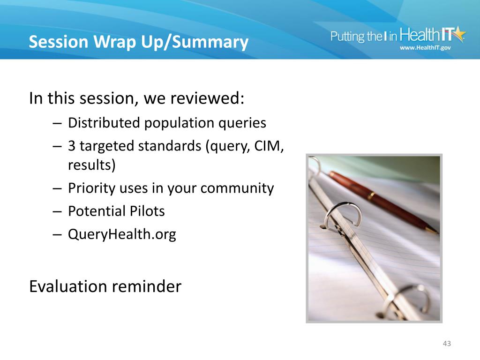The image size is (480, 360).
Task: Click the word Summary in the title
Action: click(x=210, y=42)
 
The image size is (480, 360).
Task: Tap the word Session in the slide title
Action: click(x=59, y=41)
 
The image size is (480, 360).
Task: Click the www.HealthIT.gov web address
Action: click(x=425, y=48)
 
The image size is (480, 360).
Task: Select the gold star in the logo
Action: click(x=458, y=33)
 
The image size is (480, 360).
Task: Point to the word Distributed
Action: click(x=104, y=123)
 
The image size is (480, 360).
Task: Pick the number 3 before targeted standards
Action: click(x=72, y=146)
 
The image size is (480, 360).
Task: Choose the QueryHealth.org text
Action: click(x=122, y=235)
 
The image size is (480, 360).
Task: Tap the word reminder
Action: click(x=147, y=286)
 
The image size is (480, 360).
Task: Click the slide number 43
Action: click(x=447, y=344)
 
